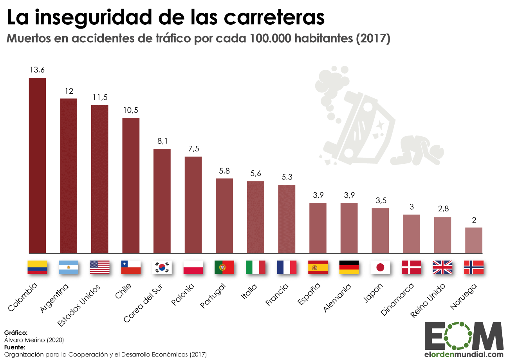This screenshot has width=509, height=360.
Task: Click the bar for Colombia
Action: pos(37,166)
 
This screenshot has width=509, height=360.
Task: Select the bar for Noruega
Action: pos(474,240)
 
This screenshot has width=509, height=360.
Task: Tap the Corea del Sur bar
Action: pos(162,201)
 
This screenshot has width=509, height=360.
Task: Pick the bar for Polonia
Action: pos(193,205)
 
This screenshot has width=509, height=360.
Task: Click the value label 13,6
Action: pos(37,70)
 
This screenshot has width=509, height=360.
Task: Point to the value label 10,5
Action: pos(131,110)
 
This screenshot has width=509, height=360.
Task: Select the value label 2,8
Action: pos(443,209)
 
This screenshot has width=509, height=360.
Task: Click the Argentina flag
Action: pos(69,267)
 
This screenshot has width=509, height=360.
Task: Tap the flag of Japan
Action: pos(380,267)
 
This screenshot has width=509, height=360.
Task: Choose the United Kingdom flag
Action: pos(442,267)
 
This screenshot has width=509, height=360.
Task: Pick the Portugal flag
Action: pos(224,267)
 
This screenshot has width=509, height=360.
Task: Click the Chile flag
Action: pos(131,267)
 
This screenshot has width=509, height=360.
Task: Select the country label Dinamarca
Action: pos(396,300)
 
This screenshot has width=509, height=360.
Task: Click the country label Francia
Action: pos(277,294)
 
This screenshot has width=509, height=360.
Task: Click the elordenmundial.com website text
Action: pos(464,354)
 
